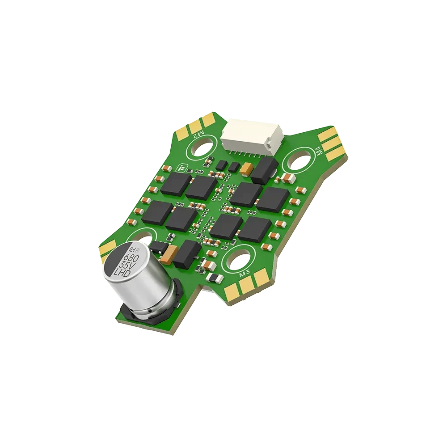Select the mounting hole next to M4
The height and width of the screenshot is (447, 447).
coord(302,160)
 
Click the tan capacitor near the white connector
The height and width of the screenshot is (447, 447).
coord(246,169)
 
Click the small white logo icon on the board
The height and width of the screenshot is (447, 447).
coord(181,168)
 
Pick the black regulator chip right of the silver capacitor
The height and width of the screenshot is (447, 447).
coord(186,253)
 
